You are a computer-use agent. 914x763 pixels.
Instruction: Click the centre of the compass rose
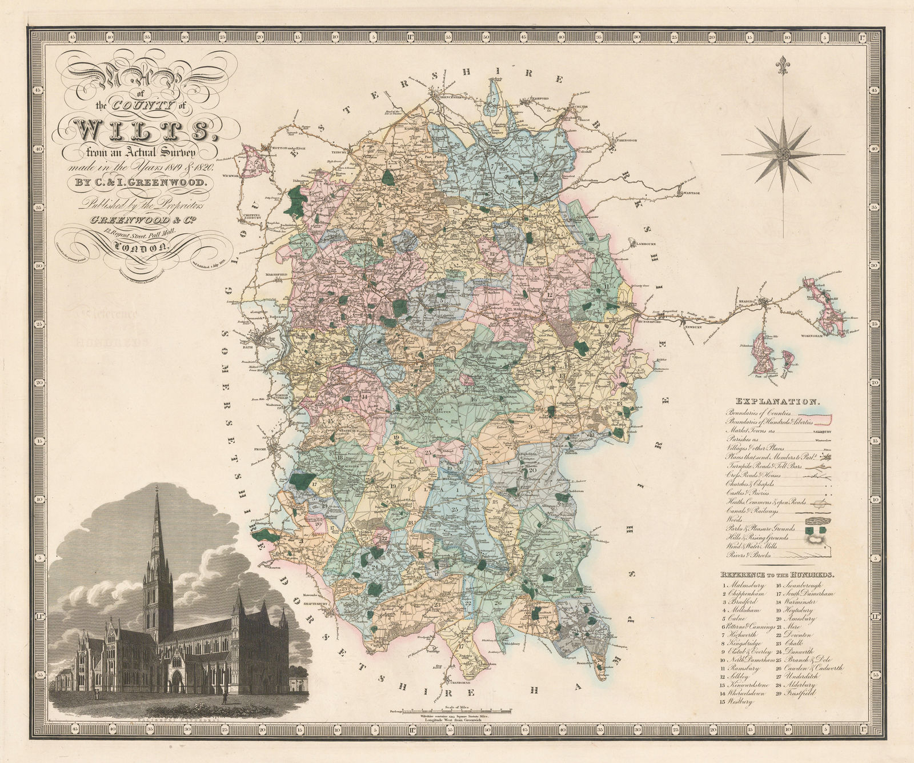click(x=782, y=153)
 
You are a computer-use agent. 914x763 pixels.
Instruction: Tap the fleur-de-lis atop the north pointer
click(x=782, y=65)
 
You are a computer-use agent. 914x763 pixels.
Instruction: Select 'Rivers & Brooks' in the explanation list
click(x=749, y=555)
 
